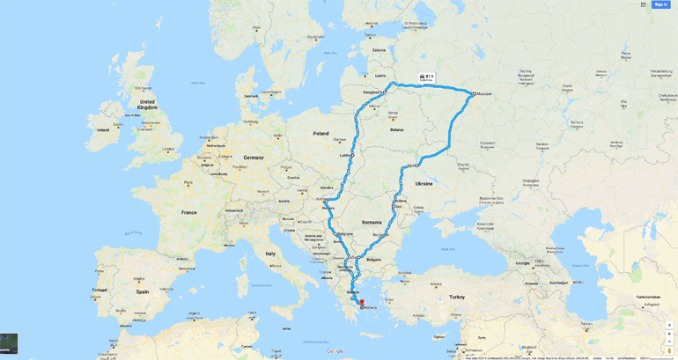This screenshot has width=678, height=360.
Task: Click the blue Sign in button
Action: (660, 4)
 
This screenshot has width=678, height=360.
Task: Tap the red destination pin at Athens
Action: (362, 303)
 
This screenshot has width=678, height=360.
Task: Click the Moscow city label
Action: (484, 93)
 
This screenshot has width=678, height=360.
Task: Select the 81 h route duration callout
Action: (427, 77)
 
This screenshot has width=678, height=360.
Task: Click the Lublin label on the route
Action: (344, 156)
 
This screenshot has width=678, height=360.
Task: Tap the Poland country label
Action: (321, 134)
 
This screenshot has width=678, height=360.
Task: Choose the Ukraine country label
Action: (424, 184)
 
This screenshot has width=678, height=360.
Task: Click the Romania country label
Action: (372, 222)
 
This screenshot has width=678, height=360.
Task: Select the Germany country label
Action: (254, 158)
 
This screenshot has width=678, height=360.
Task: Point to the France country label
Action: (189, 212)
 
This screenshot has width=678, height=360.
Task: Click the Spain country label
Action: (142, 291)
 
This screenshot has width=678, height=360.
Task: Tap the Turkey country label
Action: (456, 297)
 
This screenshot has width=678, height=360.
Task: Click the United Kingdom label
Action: (147, 105)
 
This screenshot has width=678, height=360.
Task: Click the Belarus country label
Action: (396, 129)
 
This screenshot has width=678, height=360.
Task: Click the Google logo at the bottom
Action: (335, 351)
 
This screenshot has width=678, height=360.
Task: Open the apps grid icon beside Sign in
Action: (644, 4)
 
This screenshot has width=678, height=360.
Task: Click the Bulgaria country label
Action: (373, 260)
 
